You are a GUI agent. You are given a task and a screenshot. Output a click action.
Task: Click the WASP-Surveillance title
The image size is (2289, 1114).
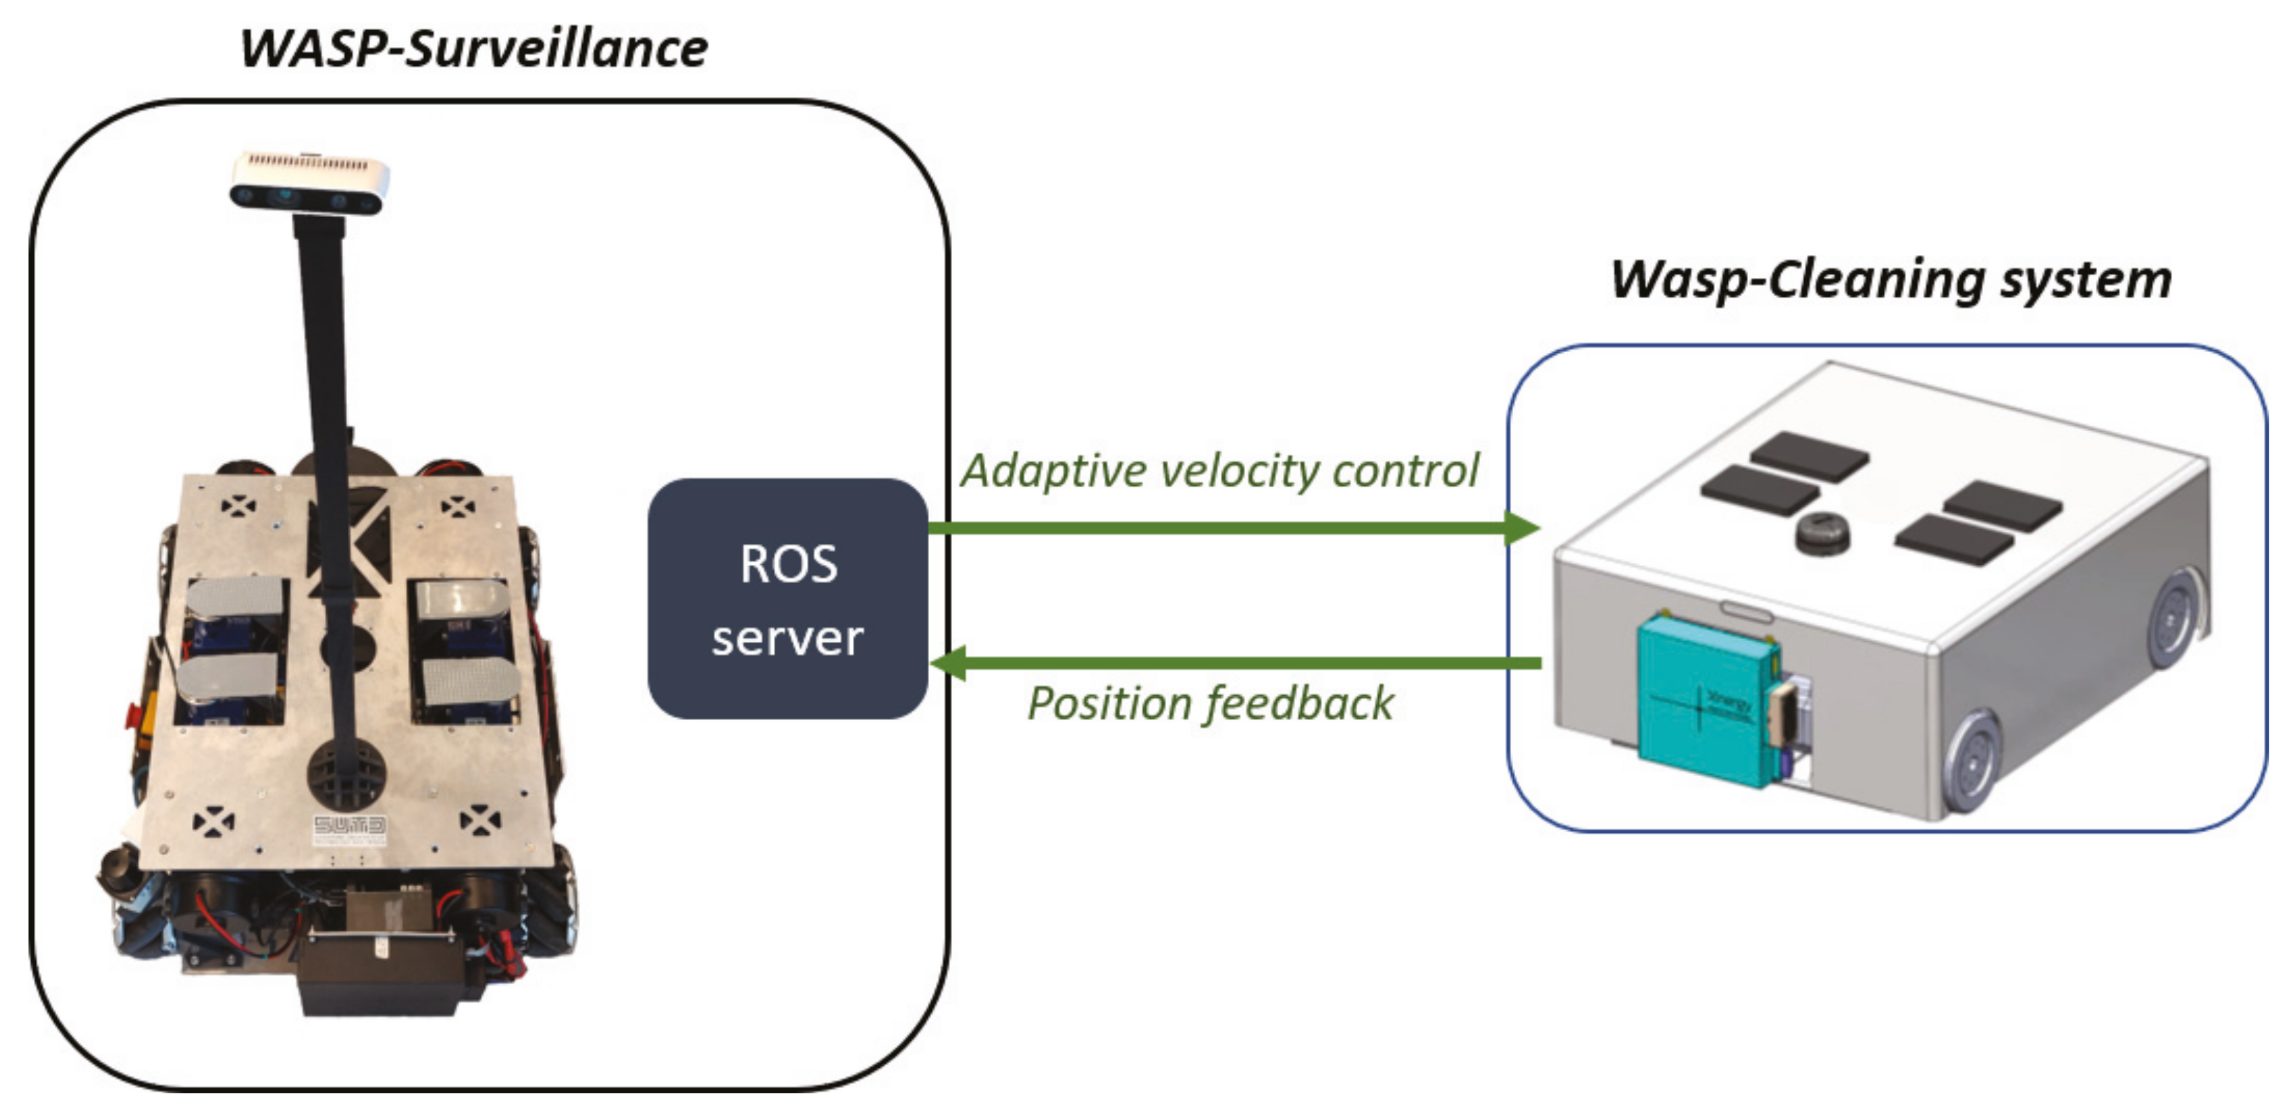474,49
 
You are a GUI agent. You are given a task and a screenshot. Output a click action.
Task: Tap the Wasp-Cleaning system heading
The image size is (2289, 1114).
1891,280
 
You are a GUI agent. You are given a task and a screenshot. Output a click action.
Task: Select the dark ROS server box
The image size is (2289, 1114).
788,599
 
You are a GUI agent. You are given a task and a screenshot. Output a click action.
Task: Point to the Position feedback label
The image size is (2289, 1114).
1210,704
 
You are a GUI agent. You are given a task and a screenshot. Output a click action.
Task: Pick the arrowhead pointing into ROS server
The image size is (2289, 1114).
949,663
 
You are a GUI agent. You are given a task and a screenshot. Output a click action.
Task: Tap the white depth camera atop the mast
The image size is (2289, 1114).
309,182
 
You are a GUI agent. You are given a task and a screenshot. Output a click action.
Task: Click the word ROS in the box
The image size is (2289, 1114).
788,564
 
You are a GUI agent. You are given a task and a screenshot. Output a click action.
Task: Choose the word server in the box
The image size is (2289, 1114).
788,638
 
